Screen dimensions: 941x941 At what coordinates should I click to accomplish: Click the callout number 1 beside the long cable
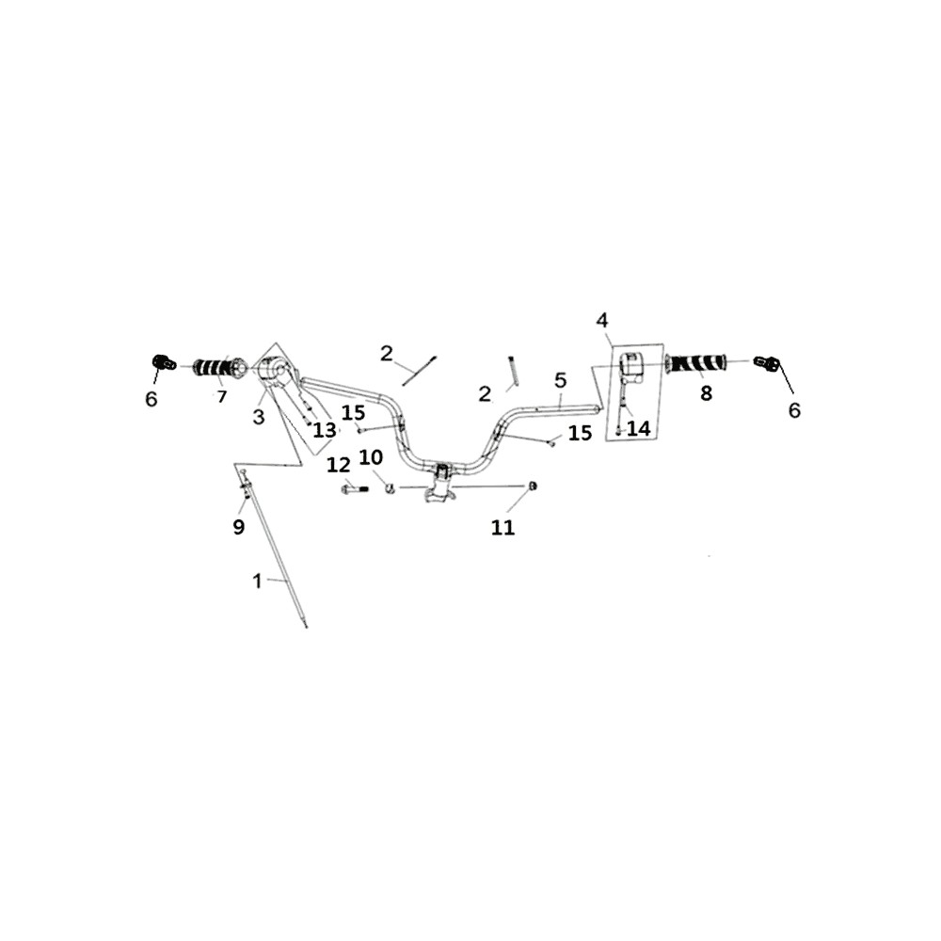coord(258,581)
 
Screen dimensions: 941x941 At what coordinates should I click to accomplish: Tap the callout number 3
coord(259,417)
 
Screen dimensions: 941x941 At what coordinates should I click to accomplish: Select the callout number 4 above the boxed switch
coord(602,320)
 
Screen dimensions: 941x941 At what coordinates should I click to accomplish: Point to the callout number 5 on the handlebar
coord(561,380)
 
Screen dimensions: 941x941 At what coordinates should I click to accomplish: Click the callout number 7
coord(222,397)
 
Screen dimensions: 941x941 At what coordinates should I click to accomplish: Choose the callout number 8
coord(706,393)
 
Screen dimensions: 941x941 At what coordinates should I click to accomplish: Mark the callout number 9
coord(239,527)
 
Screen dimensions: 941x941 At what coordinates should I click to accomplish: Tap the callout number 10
coord(371,457)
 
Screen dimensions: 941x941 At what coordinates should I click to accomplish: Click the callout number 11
coord(502,528)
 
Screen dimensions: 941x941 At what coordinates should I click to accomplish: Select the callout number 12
coord(339,465)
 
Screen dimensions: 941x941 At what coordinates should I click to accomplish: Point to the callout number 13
coord(325,430)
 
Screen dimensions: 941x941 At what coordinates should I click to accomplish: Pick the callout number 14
coord(639,428)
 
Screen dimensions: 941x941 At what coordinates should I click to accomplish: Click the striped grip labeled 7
coord(220,367)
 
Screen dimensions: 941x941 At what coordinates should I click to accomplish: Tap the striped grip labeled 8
coord(695,362)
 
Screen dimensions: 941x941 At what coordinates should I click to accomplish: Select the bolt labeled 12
coord(355,489)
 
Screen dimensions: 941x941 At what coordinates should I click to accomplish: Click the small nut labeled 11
coord(532,486)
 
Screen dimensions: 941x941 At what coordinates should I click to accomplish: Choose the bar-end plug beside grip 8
coord(766,362)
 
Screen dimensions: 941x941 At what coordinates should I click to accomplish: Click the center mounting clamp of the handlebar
coord(441,483)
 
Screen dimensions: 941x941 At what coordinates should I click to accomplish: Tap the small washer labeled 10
coord(391,487)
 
